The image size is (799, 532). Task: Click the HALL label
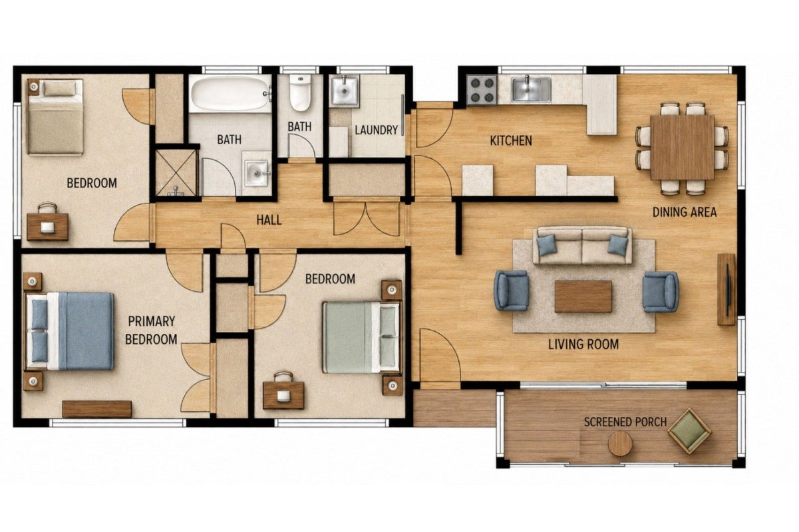click(x=269, y=220)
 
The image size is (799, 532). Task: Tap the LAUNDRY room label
click(x=377, y=130)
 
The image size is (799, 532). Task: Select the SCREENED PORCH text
click(x=625, y=422)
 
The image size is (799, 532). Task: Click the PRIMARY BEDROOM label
click(x=151, y=331)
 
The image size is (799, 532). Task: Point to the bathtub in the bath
click(x=230, y=93)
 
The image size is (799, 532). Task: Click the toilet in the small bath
click(x=299, y=92)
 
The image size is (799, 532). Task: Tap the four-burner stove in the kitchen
click(x=482, y=90)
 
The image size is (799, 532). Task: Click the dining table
click(x=682, y=147)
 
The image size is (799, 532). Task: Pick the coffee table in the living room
click(x=583, y=297)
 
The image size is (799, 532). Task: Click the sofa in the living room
click(x=582, y=245)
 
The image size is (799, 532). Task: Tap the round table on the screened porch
click(x=620, y=444)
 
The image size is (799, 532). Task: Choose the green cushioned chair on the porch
click(x=689, y=431)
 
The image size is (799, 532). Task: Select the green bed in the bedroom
click(x=362, y=337)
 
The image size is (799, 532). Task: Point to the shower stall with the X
click(x=176, y=173)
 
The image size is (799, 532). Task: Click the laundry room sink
click(x=344, y=90)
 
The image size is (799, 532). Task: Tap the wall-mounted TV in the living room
click(x=726, y=289)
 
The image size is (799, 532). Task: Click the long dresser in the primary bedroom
click(x=96, y=409)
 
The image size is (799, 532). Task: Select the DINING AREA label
click(x=685, y=212)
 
